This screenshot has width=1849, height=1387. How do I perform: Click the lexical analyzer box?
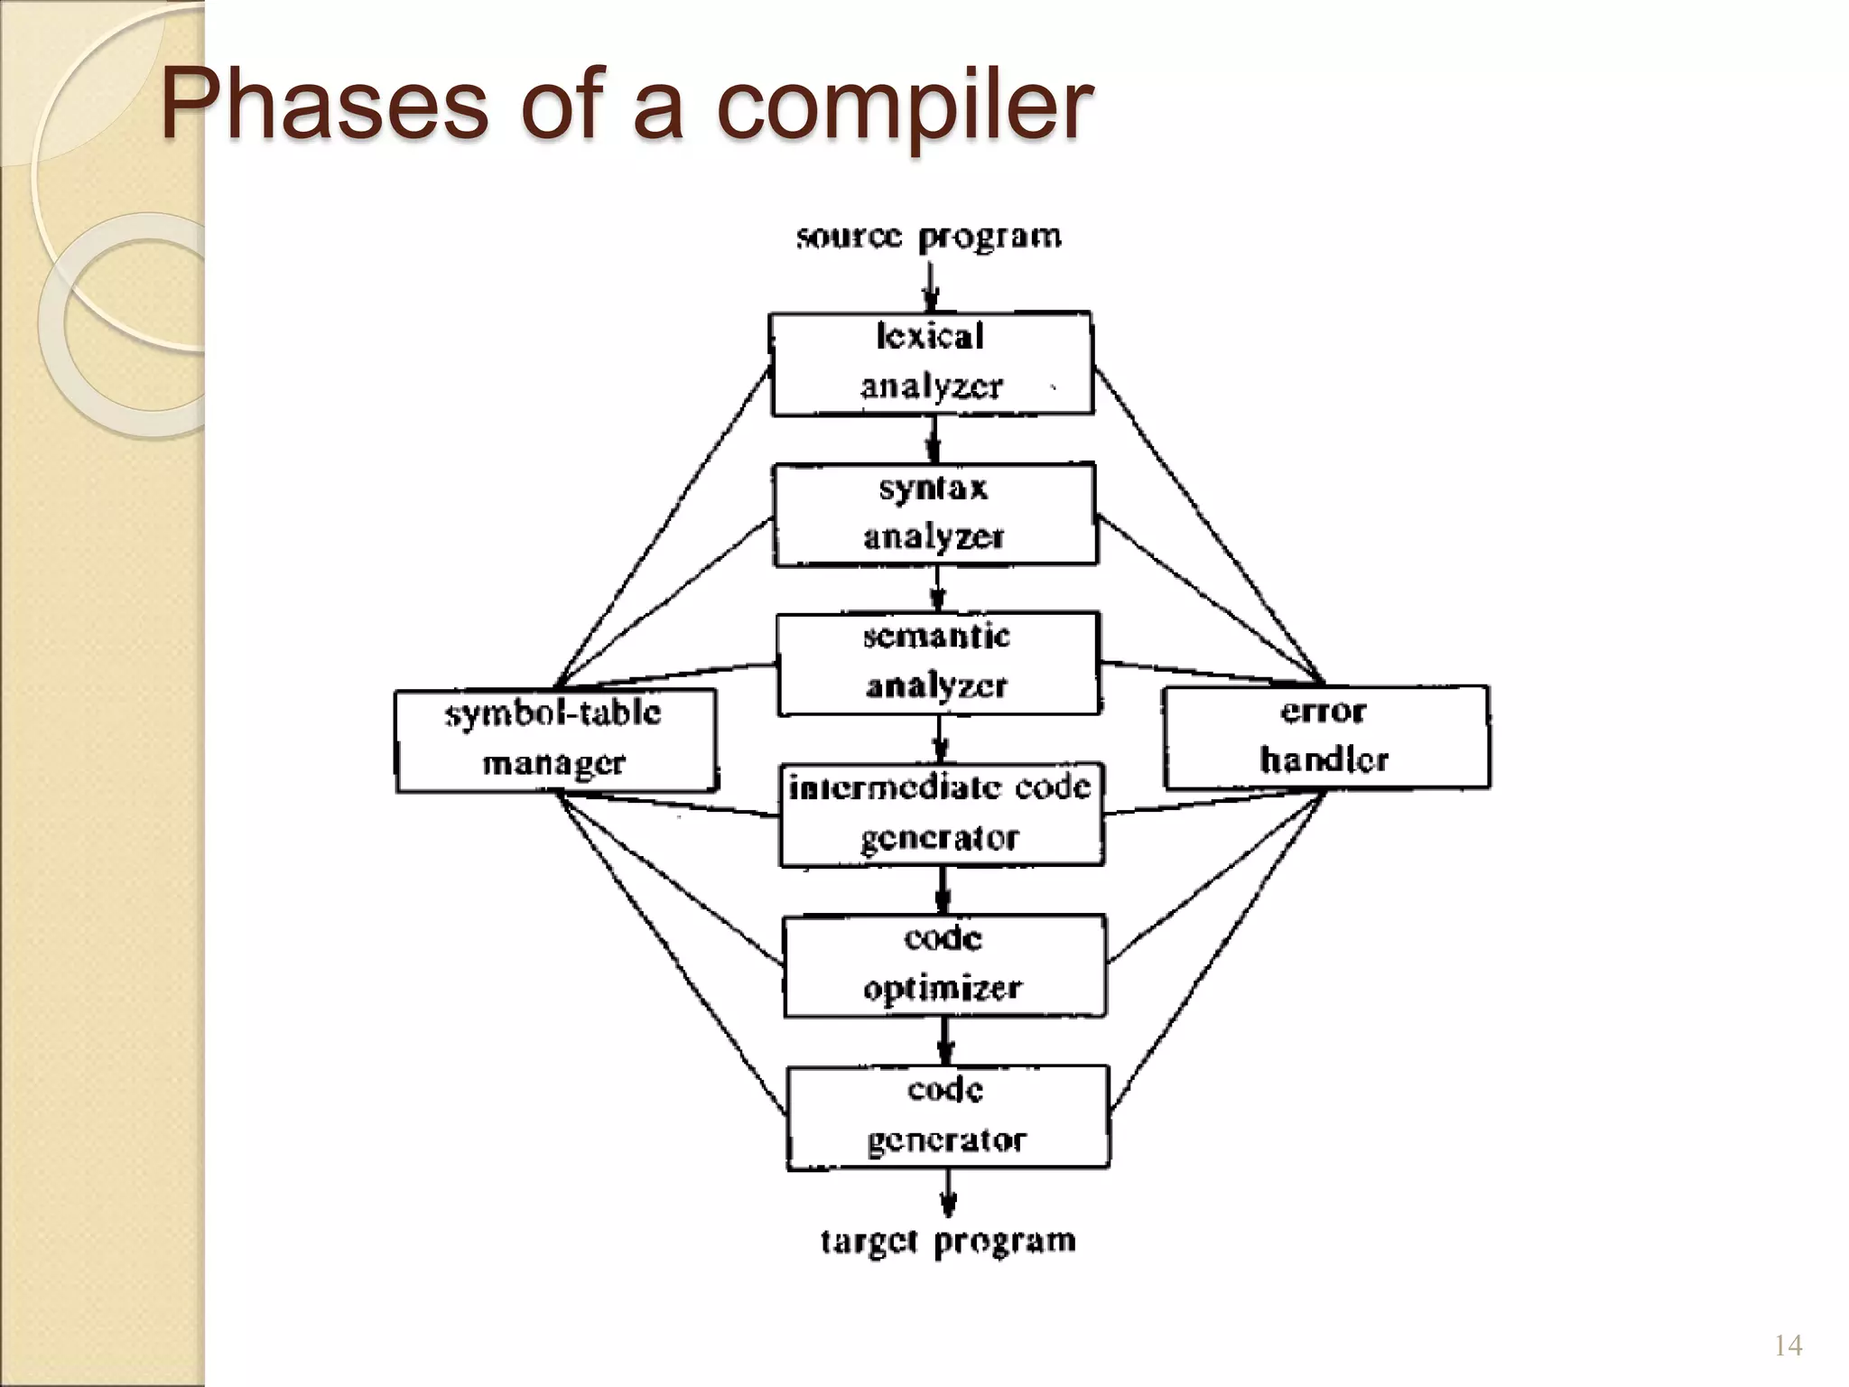tap(931, 363)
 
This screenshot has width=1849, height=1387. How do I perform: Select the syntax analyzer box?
tap(934, 514)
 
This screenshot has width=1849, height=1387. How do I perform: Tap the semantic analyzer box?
tap(938, 664)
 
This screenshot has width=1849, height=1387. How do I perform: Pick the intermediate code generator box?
tap(941, 815)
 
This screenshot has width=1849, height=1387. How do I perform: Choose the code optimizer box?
tap(943, 965)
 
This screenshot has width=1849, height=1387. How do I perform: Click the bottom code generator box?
tap(947, 1117)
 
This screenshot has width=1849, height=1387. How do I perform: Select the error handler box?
tap(1325, 737)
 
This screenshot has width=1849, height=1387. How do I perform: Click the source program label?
tap(929, 237)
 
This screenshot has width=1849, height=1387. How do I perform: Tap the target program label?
tap(948, 1241)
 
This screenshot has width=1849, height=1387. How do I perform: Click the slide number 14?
tap(1788, 1346)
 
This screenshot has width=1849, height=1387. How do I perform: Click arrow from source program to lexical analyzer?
tap(930, 287)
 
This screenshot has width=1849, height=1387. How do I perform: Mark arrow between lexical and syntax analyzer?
tap(934, 440)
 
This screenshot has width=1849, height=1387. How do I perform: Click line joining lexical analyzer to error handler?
tap(1210, 526)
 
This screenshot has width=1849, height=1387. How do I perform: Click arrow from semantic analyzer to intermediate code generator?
tap(940, 740)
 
